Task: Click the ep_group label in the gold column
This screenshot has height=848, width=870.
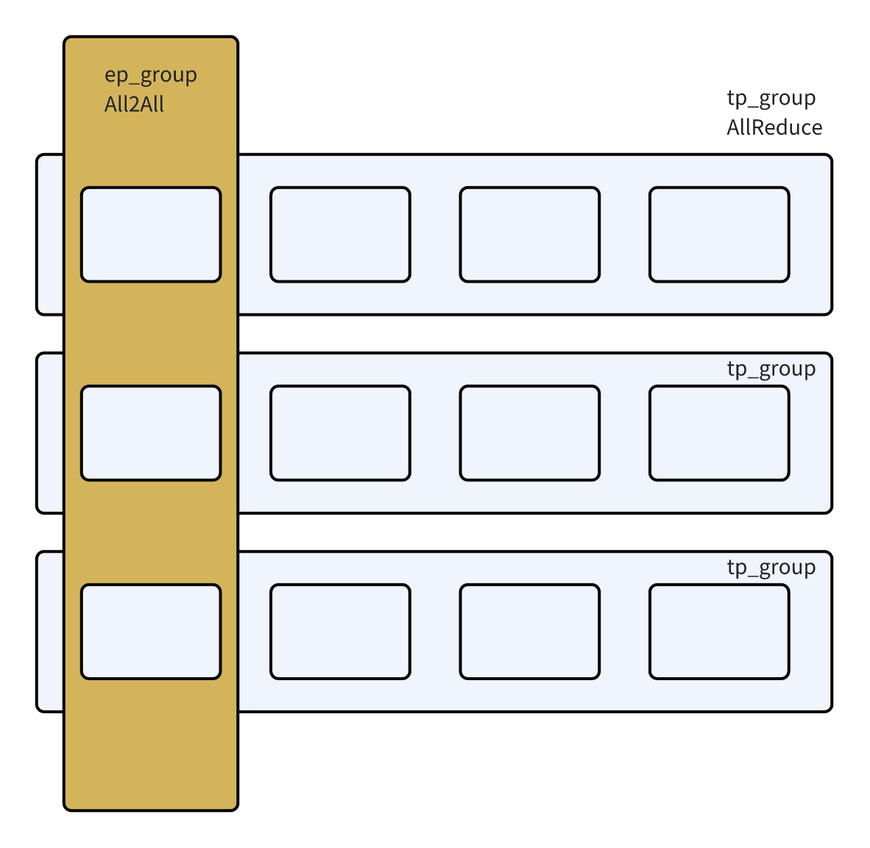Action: (x=150, y=76)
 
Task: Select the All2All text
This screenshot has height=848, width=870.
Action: (x=134, y=105)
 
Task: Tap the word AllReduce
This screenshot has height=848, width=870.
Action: (x=774, y=127)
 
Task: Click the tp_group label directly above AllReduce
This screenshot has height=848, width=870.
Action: (x=771, y=99)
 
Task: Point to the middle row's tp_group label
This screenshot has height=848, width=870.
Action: (x=771, y=370)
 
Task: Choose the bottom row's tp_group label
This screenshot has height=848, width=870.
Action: (x=771, y=568)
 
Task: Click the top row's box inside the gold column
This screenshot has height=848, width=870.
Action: (x=151, y=235)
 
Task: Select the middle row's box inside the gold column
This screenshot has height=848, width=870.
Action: (x=151, y=433)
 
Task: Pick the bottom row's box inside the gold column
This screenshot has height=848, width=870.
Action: (x=151, y=632)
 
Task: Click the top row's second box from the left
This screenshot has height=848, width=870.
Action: (x=340, y=235)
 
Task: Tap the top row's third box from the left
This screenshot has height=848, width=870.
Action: (x=530, y=235)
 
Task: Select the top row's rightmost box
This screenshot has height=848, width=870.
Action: (x=719, y=235)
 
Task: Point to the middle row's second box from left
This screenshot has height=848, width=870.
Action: (x=340, y=433)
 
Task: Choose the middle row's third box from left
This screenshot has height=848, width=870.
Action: (x=530, y=433)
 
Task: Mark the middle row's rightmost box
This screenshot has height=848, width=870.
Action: (x=719, y=433)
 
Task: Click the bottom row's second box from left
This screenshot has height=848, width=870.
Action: (x=340, y=632)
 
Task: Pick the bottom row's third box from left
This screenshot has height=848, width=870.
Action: (x=530, y=632)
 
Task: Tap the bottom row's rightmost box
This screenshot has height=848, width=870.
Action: (x=719, y=632)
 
